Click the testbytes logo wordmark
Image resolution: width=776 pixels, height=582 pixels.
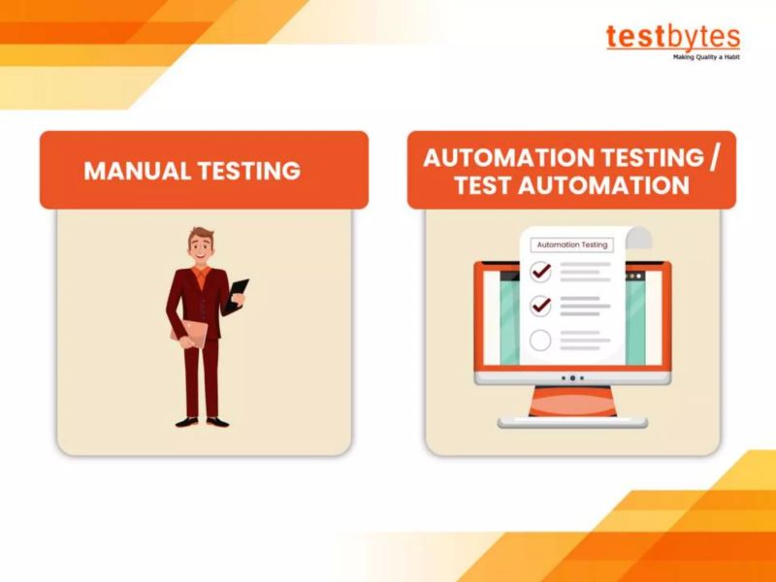[x=673, y=37]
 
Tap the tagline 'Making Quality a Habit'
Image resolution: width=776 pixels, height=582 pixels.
[x=706, y=57]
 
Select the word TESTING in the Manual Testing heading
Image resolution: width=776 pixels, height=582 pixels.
[x=248, y=172]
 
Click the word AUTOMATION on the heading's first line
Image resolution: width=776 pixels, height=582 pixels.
[x=501, y=158]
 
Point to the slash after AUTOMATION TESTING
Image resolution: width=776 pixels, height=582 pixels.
[x=716, y=158]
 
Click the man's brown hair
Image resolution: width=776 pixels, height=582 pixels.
[x=202, y=235]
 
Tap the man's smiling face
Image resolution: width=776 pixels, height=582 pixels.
[x=201, y=249]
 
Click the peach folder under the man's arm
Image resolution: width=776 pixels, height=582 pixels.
[x=190, y=332]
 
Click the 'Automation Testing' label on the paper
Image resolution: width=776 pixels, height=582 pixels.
[x=572, y=245]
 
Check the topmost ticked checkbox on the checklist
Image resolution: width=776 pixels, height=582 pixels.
[x=540, y=272]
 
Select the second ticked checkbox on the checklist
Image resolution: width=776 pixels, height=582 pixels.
[x=540, y=306]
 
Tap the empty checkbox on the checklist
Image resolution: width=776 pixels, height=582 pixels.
[x=540, y=339]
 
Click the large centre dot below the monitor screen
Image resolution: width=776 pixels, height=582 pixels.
[x=572, y=377]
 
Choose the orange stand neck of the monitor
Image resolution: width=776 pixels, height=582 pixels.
[x=572, y=401]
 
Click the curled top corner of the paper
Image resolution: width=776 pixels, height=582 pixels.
[x=637, y=237]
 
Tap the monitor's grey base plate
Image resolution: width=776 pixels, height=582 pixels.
[x=572, y=422]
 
